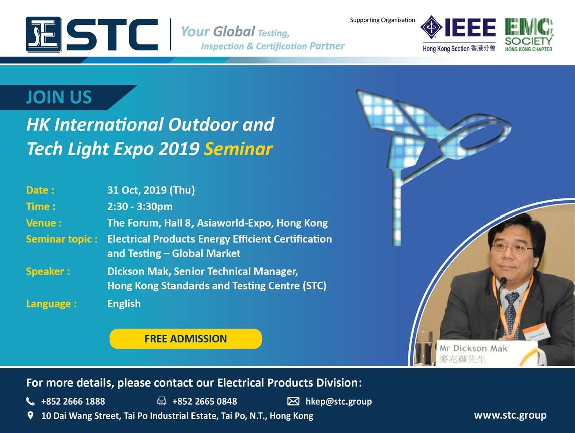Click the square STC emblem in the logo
tap(43, 34)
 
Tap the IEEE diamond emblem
tap(431, 27)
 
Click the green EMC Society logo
tap(528, 35)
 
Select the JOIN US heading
tap(59, 97)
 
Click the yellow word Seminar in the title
tap(238, 149)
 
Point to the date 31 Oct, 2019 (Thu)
tap(151, 190)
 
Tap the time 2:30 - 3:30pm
tap(140, 206)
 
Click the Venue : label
tap(44, 223)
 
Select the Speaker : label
tap(48, 271)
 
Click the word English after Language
tap(124, 304)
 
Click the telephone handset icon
tap(30, 401)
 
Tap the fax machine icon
tap(162, 401)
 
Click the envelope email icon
tap(293, 401)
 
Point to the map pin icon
tap(31, 415)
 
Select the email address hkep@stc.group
tap(339, 402)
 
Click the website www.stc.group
tap(510, 415)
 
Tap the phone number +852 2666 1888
tap(73, 402)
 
